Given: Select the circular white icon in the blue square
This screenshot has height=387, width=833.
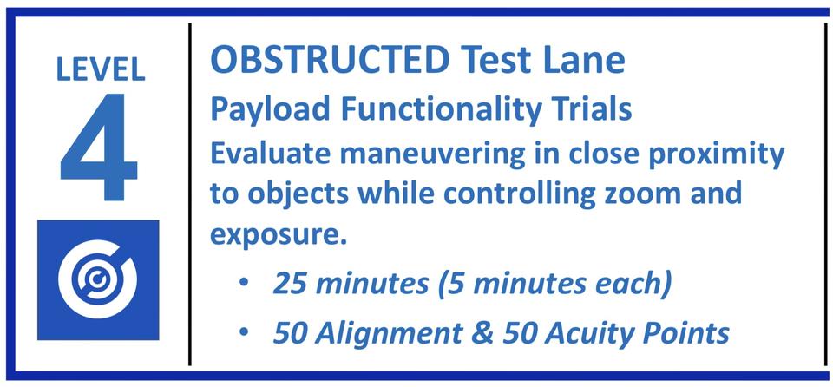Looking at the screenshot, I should coord(97,279).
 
